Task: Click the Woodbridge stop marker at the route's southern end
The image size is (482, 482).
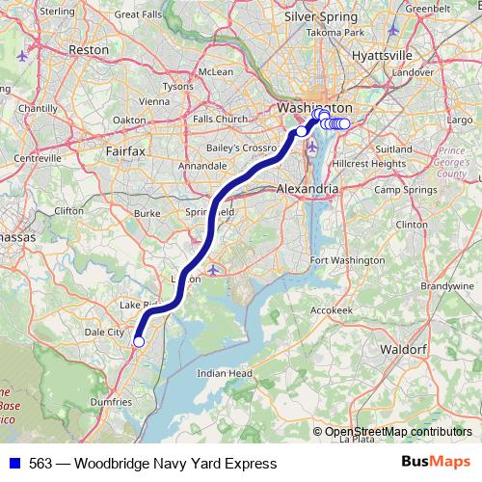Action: [138, 341]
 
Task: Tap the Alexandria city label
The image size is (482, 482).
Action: [307, 190]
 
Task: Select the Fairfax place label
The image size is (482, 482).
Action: [124, 151]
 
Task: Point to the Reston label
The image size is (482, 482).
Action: [90, 47]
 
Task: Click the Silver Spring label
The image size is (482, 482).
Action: [321, 16]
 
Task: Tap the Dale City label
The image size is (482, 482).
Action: [106, 332]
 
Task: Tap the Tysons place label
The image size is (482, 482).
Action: [177, 86]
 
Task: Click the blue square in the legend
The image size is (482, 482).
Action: [13, 464]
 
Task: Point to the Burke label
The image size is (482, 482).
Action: [147, 213]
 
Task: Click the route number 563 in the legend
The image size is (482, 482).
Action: [41, 464]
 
